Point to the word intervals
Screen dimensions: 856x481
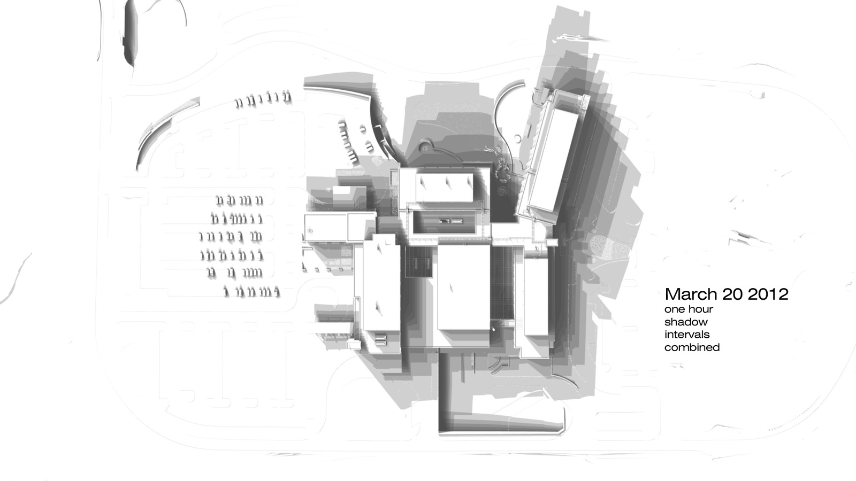pyautogui.click(x=687, y=335)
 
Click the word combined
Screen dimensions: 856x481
pyautogui.click(x=692, y=347)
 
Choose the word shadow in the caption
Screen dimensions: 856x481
pyautogui.click(x=686, y=322)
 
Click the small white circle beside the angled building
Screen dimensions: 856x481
pyautogui.click(x=517, y=138)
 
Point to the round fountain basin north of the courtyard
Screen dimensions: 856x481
pyautogui.click(x=425, y=146)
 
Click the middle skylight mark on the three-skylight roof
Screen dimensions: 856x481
pyautogui.click(x=448, y=184)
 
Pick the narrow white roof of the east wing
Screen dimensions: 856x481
pyautogui.click(x=536, y=297)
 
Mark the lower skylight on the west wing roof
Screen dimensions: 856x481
pyautogui.click(x=379, y=307)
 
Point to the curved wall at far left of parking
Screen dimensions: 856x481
pyautogui.click(x=153, y=134)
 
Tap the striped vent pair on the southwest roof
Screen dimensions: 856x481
pyautogui.click(x=380, y=339)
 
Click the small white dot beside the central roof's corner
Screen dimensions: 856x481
pyautogui.click(x=493, y=329)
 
